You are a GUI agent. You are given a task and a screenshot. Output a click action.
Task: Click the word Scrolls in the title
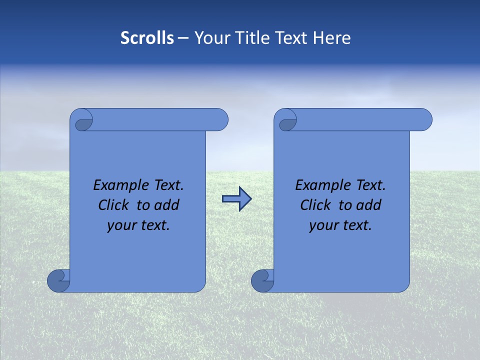click(147, 38)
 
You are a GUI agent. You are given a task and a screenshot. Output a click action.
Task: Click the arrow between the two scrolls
click(236, 199)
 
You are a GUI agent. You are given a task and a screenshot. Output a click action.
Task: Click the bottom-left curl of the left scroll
click(59, 280)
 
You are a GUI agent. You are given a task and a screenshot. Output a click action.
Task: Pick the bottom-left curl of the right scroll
click(262, 280)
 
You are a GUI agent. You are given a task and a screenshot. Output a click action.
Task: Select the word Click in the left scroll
click(113, 205)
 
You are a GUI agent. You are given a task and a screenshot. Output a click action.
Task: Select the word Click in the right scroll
click(315, 205)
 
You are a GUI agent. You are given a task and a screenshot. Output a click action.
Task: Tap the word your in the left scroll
click(121, 225)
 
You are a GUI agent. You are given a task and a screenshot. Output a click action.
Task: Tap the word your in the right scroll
click(323, 225)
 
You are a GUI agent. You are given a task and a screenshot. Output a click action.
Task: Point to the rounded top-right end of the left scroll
click(220, 119)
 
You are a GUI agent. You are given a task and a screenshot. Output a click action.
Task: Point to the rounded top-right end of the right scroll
click(424, 119)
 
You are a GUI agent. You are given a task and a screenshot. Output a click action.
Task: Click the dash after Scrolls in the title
click(183, 38)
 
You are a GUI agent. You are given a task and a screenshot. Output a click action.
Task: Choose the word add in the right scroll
click(369, 205)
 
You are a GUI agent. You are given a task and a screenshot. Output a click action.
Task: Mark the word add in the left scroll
click(167, 205)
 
